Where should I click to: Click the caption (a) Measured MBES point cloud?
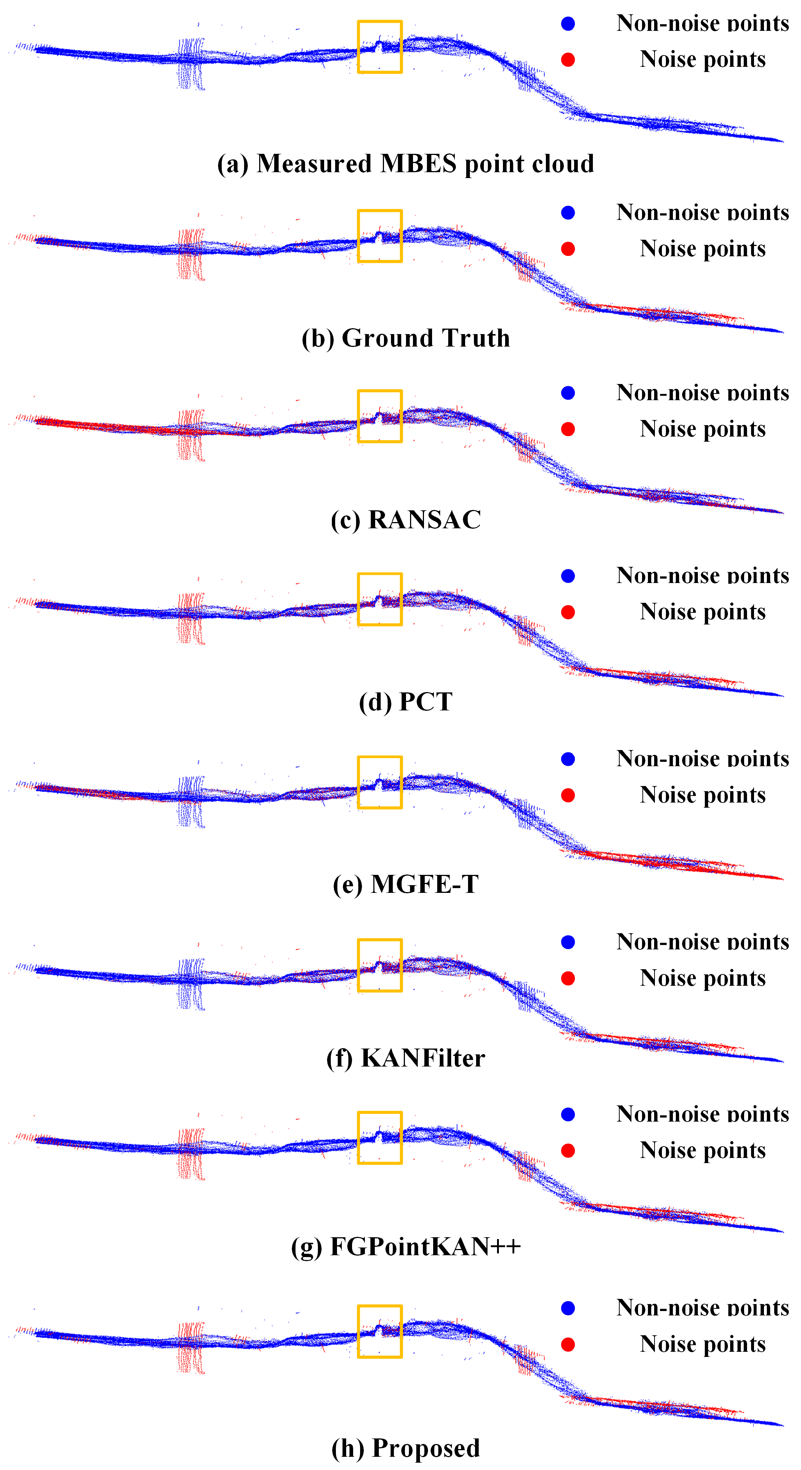click(x=406, y=164)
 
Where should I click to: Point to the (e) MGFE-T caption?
click(x=406, y=884)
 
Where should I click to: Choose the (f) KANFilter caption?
click(x=406, y=1058)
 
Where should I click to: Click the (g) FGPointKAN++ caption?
click(x=406, y=1246)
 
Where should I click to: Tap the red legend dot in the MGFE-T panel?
click(x=568, y=796)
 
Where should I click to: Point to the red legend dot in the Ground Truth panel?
click(x=568, y=249)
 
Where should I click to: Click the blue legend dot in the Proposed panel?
click(x=568, y=1308)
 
